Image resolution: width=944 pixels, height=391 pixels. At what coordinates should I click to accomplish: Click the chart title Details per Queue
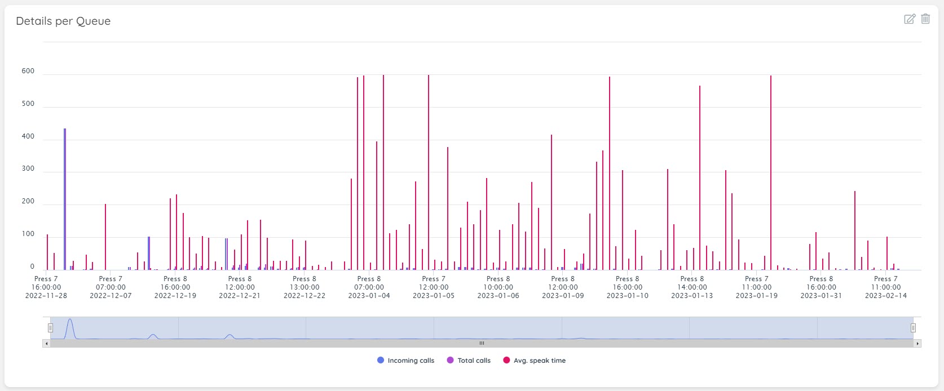pyautogui.click(x=63, y=21)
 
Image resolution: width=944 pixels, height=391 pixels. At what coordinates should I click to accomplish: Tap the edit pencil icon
pyautogui.click(x=910, y=19)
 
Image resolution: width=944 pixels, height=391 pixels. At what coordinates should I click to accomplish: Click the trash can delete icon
pyautogui.click(x=925, y=19)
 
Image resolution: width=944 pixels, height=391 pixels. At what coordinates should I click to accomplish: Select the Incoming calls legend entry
pyautogui.click(x=405, y=361)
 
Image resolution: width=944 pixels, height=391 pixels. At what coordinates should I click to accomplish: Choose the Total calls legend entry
pyautogui.click(x=469, y=361)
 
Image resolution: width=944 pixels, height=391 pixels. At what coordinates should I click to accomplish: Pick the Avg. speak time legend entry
pyautogui.click(x=534, y=361)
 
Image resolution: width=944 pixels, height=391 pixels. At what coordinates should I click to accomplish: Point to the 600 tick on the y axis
pyautogui.click(x=28, y=72)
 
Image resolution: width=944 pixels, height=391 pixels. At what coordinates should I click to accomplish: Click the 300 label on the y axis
pyautogui.click(x=28, y=169)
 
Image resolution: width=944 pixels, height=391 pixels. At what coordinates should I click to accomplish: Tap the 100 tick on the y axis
pyautogui.click(x=28, y=234)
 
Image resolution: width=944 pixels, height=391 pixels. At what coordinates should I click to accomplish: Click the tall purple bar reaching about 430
pyautogui.click(x=65, y=197)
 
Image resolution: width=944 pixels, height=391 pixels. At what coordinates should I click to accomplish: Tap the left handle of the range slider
pyautogui.click(x=50, y=328)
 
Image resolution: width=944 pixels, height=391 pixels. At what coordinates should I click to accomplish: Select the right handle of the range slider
pyautogui.click(x=913, y=328)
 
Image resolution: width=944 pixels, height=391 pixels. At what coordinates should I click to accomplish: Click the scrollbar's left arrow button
pyautogui.click(x=46, y=343)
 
